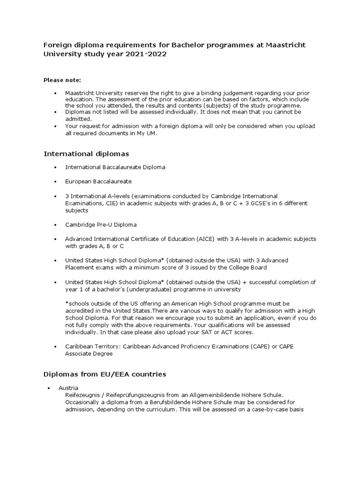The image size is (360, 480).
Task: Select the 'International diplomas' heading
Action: (86, 154)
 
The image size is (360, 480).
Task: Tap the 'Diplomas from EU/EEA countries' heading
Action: (105, 375)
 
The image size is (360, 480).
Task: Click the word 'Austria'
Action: (68, 388)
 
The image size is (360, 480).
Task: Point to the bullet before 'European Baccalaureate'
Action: (55, 181)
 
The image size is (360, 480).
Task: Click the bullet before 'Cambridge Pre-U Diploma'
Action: (55, 225)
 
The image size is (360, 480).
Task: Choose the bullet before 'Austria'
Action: (49, 389)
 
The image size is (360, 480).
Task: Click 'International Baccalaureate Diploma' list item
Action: (115, 167)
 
